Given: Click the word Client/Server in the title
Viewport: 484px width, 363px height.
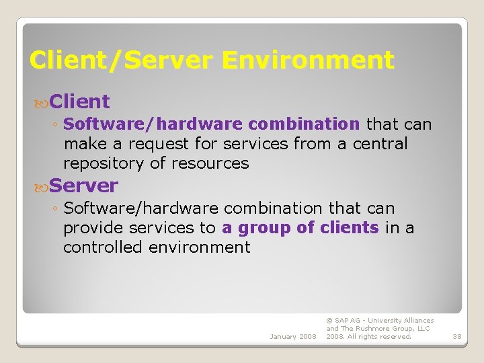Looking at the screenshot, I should tap(122, 61).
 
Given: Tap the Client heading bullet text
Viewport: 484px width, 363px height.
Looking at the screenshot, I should tap(79, 102).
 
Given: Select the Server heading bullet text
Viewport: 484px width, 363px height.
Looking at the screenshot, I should tap(83, 185).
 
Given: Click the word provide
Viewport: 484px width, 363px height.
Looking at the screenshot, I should tap(93, 228).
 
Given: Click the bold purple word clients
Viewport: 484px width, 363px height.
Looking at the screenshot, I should tap(350, 228).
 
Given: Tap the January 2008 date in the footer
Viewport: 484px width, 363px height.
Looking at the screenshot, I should tap(293, 336).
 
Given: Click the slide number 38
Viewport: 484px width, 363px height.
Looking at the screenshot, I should tap(456, 336).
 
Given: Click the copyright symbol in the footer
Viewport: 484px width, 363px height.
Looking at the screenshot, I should tap(329, 321).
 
